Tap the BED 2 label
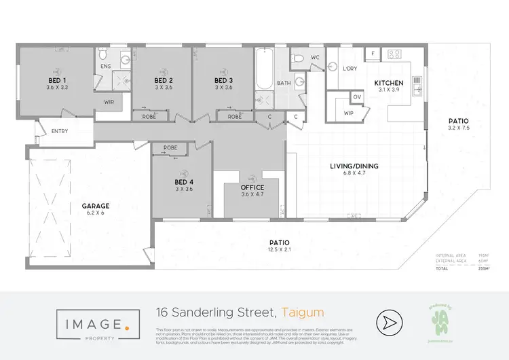click(164, 80)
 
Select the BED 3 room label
click(223, 80)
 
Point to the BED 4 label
click(185, 182)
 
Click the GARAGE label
click(96, 206)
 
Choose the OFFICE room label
click(252, 187)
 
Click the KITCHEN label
click(389, 84)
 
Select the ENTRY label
click(60, 131)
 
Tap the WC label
click(315, 58)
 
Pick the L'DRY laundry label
click(350, 69)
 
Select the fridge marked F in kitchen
click(373, 53)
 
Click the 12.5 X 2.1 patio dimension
click(280, 250)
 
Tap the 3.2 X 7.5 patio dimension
click(459, 128)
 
